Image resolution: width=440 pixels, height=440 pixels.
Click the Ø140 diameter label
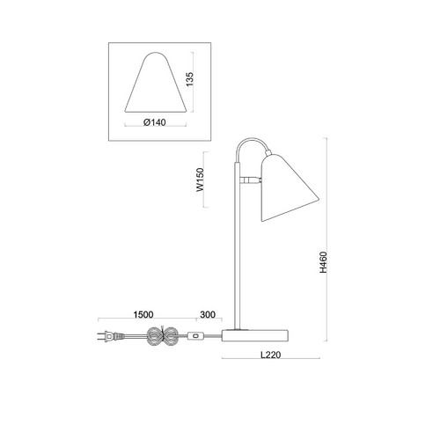coord(155,122)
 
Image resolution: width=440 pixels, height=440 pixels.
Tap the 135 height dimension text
coord(190,79)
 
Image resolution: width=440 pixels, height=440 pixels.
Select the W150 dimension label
coord(200,180)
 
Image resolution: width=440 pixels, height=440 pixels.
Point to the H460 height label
coord(323,262)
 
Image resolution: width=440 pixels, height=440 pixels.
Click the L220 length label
coord(271,355)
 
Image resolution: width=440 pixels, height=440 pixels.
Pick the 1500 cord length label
coord(143,315)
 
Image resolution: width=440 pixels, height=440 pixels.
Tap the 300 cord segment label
coord(208,315)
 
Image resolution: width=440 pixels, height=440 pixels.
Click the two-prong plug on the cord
coord(107,336)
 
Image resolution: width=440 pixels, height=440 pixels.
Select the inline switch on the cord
coord(195,336)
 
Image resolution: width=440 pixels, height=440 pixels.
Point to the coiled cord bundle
coord(162,336)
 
